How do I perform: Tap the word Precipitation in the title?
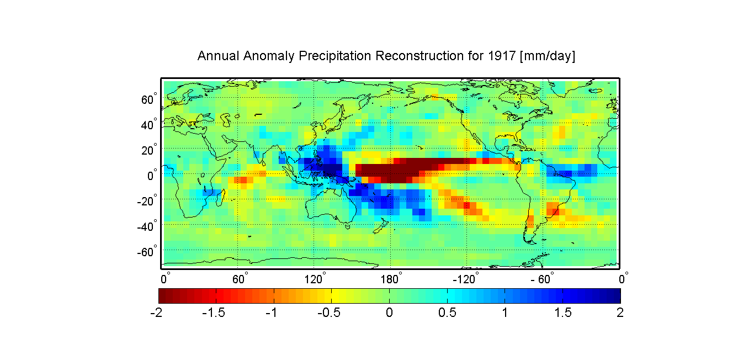pyautogui.click(x=334, y=56)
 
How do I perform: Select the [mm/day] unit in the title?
pyautogui.click(x=548, y=56)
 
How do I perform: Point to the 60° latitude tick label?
pyautogui.click(x=149, y=99)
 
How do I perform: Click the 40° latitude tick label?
pyautogui.click(x=149, y=124)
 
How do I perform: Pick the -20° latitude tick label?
pyautogui.click(x=147, y=201)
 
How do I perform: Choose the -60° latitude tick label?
pyautogui.click(x=147, y=252)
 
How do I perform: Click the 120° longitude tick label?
pyautogui.click(x=315, y=279)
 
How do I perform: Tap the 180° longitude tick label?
pyautogui.click(x=391, y=279)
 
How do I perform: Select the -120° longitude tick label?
pyautogui.click(x=465, y=279)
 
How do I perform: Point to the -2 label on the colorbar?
pyautogui.click(x=156, y=313)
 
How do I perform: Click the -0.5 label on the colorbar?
pyautogui.click(x=329, y=313)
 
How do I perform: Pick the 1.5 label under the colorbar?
pyautogui.click(x=563, y=313)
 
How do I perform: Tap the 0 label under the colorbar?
pyautogui.click(x=389, y=313)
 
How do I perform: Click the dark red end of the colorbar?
pyautogui.click(x=162, y=296)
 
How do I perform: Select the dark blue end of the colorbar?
pyautogui.click(x=617, y=296)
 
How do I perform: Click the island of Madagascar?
pyautogui.click(x=221, y=198)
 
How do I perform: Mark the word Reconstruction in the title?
pyautogui.click(x=419, y=56)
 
